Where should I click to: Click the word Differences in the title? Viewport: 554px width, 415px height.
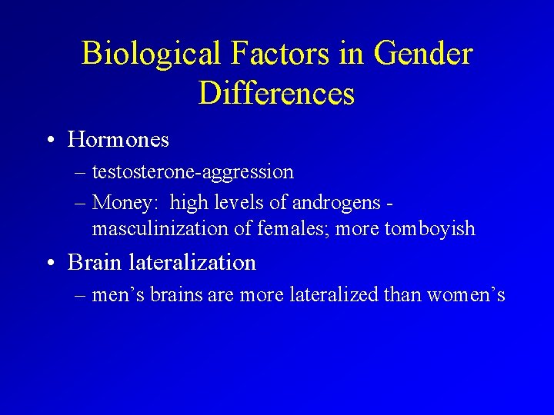click(276, 93)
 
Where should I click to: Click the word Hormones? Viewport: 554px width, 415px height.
click(118, 140)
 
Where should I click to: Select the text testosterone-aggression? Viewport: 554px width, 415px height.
click(192, 172)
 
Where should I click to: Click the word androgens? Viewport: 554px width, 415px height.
click(336, 204)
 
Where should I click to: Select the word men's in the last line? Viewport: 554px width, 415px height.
click(115, 294)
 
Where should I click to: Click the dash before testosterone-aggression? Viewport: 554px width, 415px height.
click(81, 172)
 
